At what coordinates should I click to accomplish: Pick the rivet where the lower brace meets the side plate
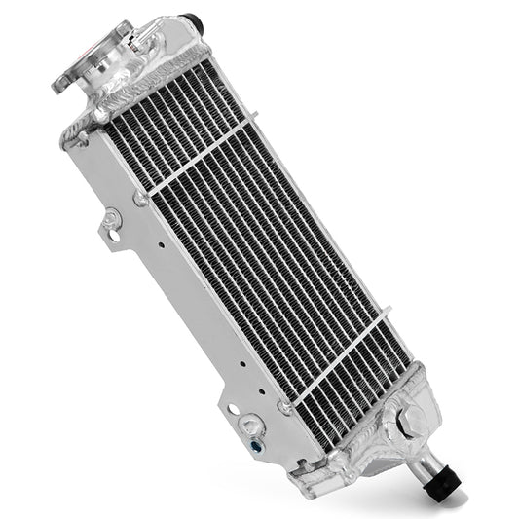click(283, 407)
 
